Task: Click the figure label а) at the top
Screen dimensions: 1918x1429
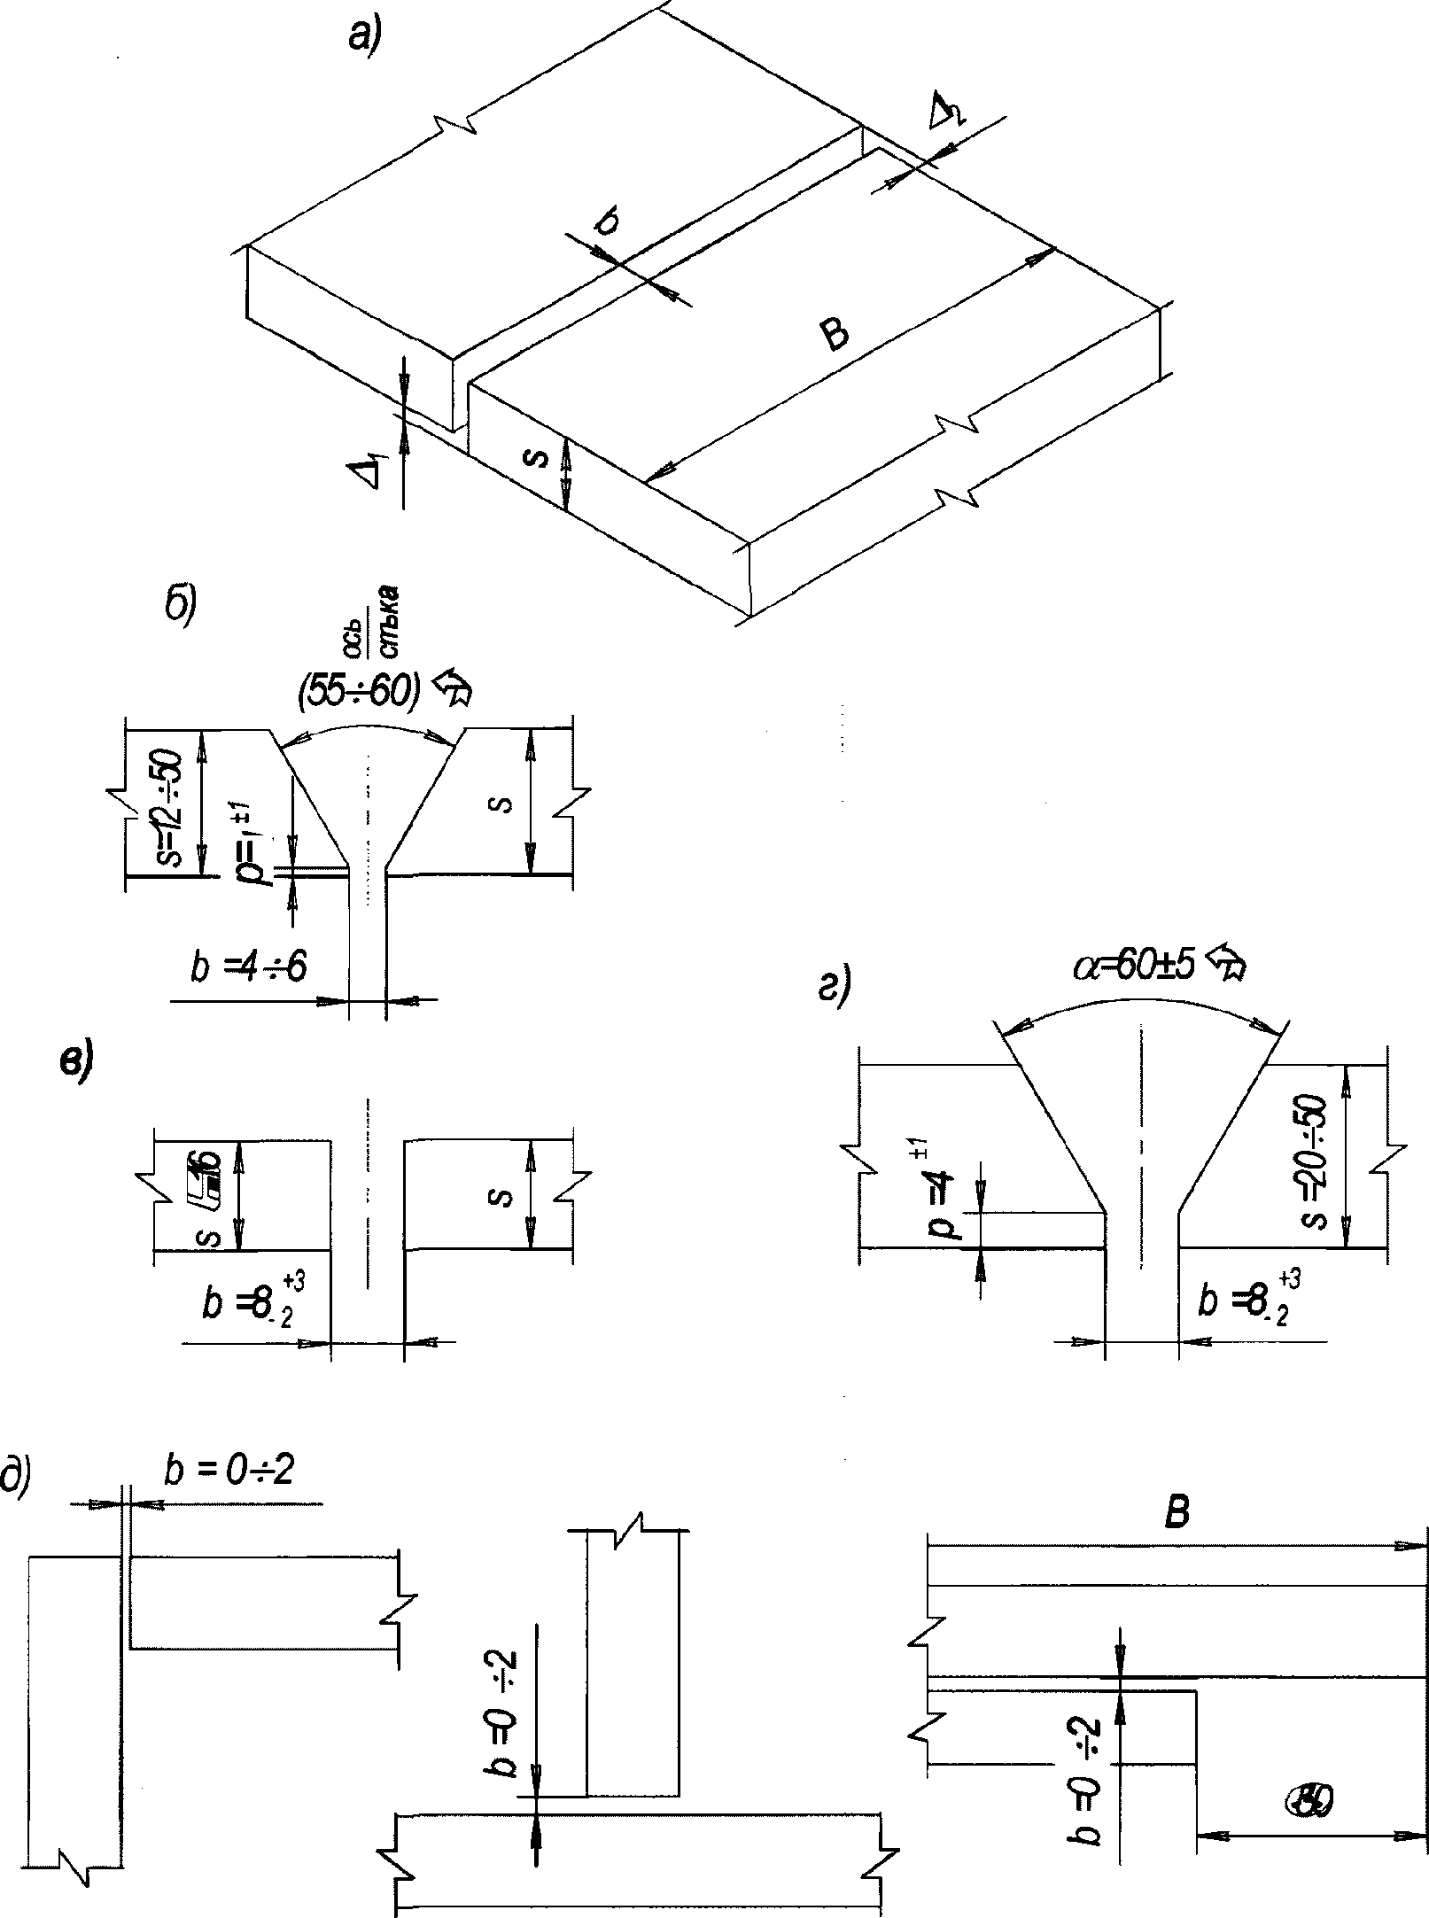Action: click(x=363, y=36)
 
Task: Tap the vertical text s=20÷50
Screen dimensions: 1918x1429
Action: click(x=1315, y=1162)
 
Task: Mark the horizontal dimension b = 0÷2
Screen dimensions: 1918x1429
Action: click(x=229, y=1472)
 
